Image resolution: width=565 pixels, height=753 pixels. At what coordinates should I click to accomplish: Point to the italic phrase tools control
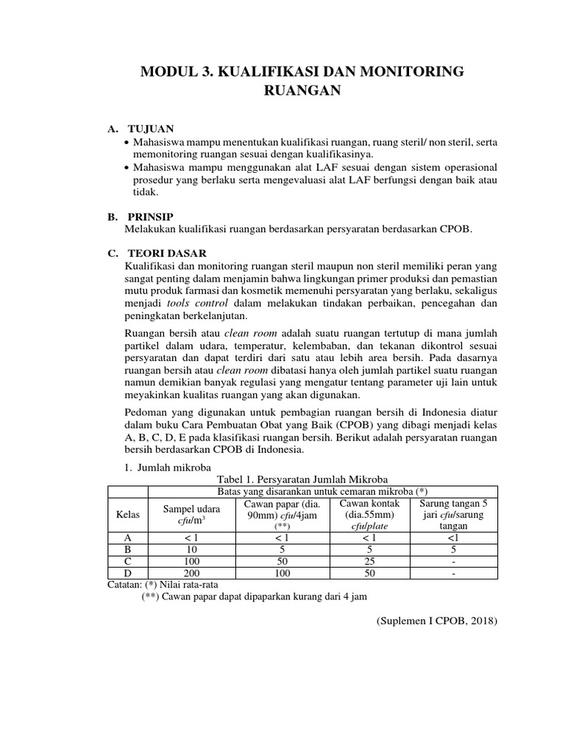tap(193, 303)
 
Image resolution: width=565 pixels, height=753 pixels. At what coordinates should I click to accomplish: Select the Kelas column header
tap(128, 515)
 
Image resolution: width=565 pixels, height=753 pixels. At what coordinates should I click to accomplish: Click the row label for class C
tap(128, 560)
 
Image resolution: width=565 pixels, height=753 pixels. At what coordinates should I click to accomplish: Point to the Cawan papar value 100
tap(282, 572)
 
